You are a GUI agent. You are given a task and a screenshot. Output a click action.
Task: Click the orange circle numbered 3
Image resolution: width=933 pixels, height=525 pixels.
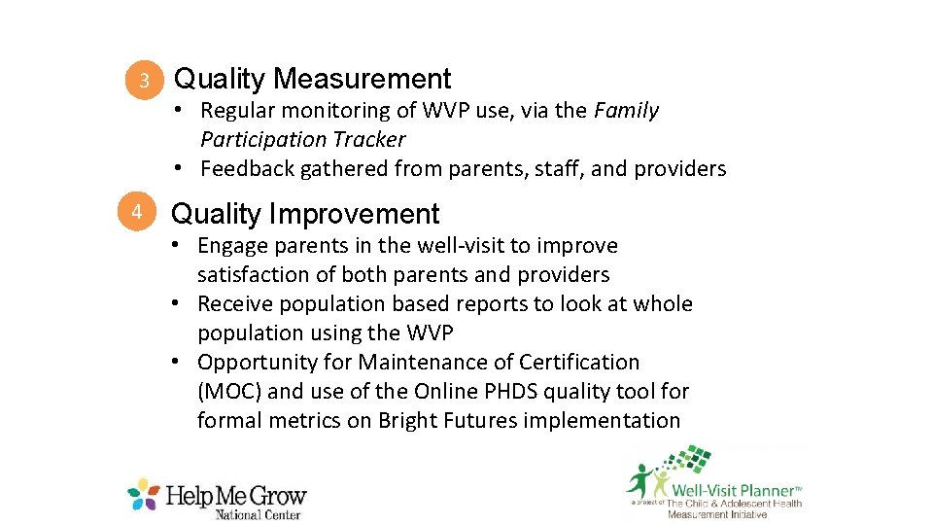(143, 81)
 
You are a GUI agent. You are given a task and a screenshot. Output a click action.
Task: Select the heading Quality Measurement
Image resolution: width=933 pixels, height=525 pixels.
(312, 79)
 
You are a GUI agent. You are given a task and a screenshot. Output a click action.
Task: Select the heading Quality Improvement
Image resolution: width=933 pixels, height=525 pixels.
(305, 214)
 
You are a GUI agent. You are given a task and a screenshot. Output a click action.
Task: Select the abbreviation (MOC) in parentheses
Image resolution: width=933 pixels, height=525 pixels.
(229, 392)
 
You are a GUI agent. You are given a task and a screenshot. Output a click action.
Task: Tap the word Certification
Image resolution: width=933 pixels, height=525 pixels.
(578, 363)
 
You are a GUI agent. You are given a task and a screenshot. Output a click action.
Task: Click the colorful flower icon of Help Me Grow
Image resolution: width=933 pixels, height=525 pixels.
(144, 494)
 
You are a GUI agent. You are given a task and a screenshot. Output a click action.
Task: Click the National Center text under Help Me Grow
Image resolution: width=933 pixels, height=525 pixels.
(259, 514)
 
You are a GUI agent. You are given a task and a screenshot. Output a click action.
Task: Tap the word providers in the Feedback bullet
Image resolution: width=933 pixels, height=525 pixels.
(679, 169)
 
